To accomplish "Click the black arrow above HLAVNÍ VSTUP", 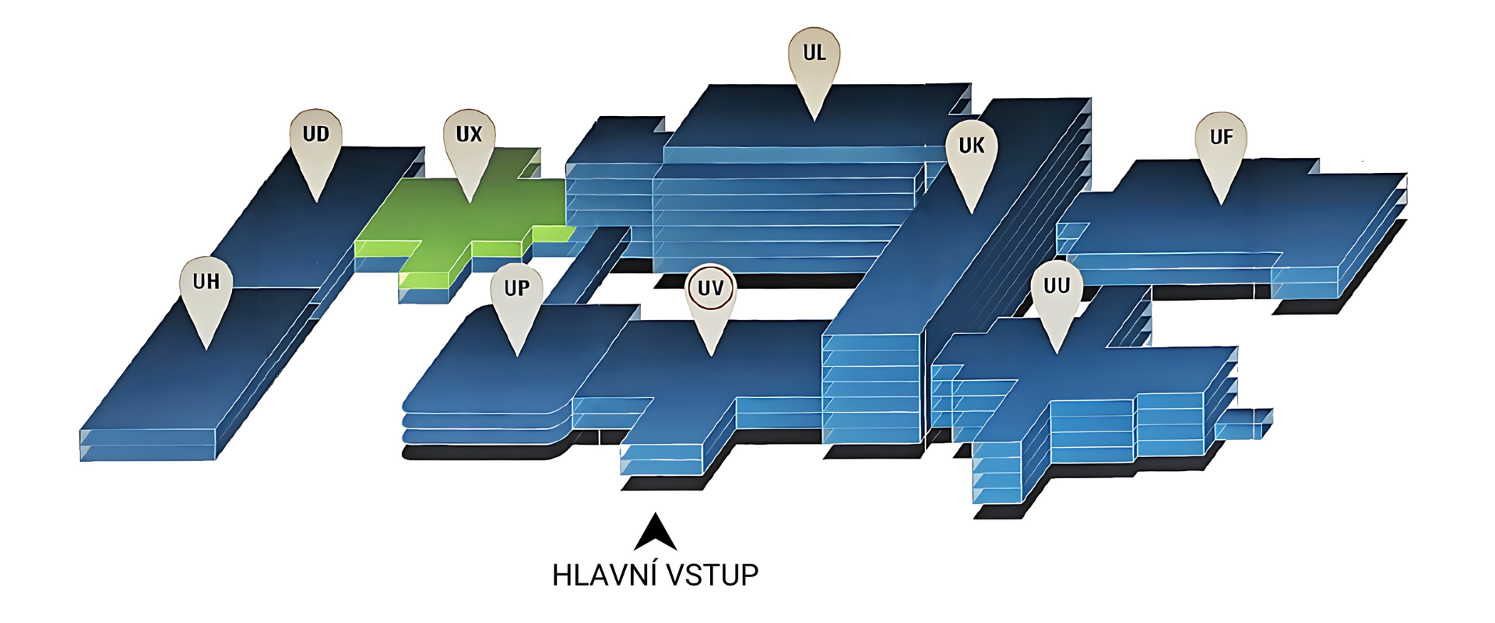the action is point(655,533).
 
